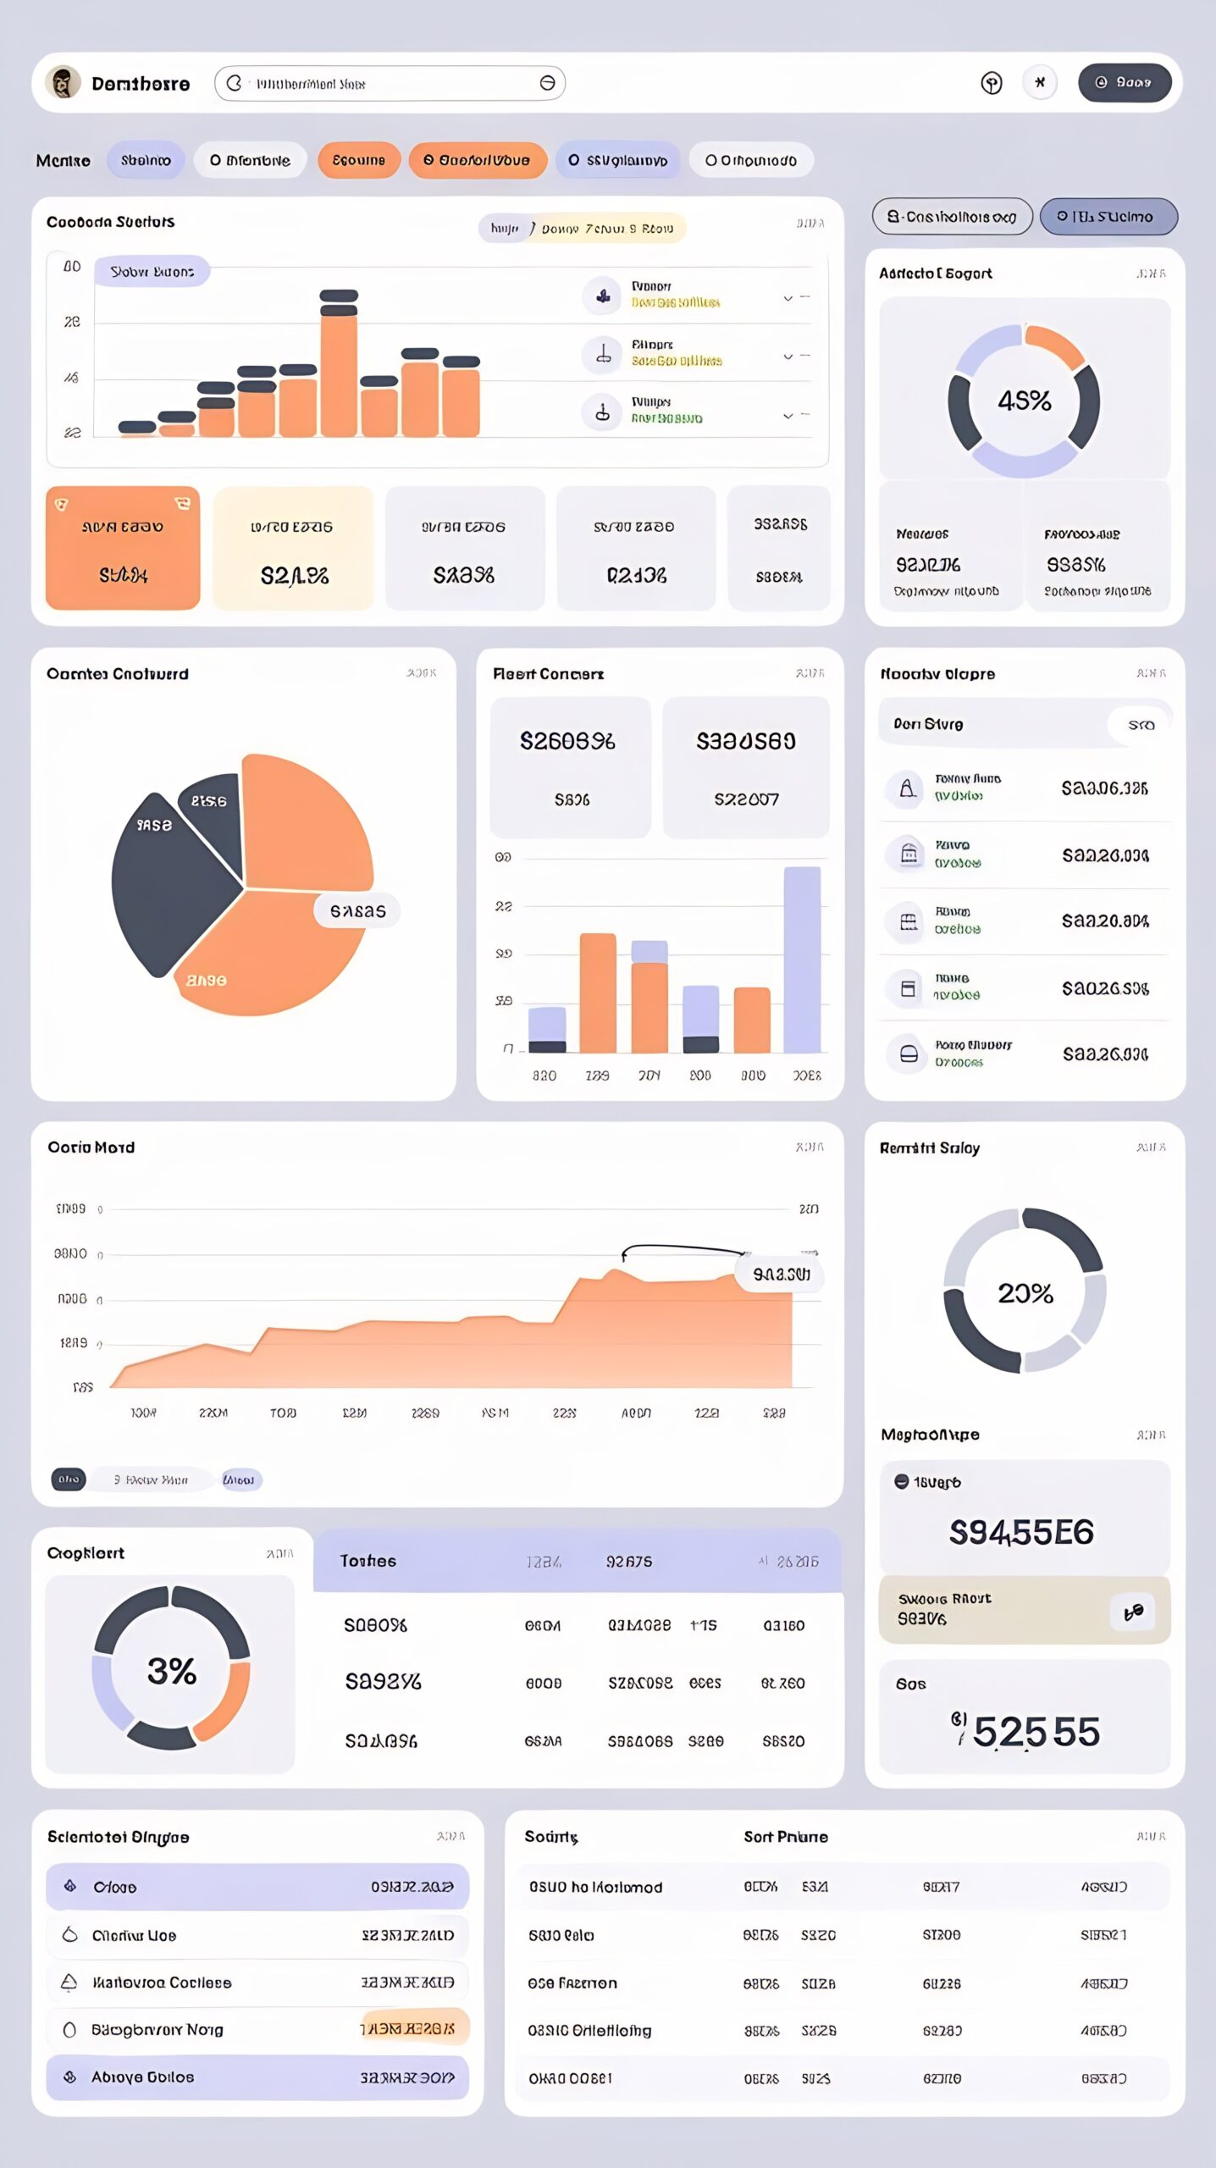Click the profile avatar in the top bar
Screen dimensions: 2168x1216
click(63, 83)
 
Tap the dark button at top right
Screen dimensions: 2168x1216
click(1124, 83)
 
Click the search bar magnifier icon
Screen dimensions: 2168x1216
click(235, 83)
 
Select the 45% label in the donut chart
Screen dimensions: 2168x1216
click(1024, 401)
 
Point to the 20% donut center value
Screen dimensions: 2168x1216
click(1025, 1293)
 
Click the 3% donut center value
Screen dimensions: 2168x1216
click(172, 1671)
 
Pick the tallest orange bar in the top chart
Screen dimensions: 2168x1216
click(339, 373)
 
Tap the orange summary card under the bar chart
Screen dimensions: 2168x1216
click(123, 548)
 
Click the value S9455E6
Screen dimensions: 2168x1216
click(1021, 1532)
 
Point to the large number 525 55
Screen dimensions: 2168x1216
click(1035, 1732)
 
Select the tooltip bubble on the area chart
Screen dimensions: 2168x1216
click(780, 1275)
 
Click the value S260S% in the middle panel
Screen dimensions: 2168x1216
click(567, 742)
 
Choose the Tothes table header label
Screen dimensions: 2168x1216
click(368, 1561)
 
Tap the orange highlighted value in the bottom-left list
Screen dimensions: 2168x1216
click(413, 2029)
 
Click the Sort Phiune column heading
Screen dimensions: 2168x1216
click(785, 1837)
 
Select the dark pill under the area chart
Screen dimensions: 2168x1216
click(69, 1479)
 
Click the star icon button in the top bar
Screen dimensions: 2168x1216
click(1040, 83)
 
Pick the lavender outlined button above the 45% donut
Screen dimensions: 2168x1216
click(1108, 217)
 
